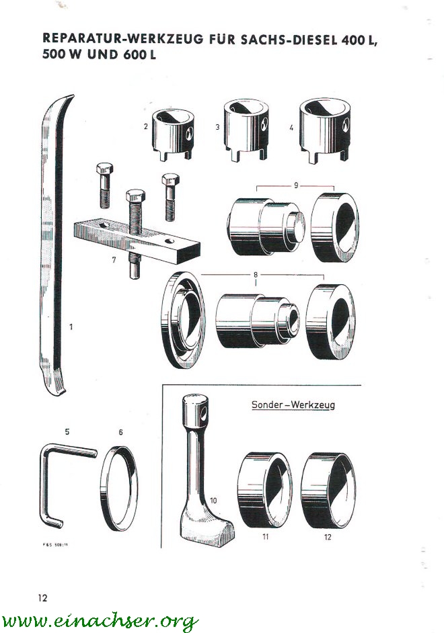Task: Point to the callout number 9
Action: pyautogui.click(x=295, y=185)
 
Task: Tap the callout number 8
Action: pyautogui.click(x=256, y=275)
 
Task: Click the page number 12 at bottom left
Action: pyautogui.click(x=42, y=597)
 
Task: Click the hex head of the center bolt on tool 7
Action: pyautogui.click(x=136, y=196)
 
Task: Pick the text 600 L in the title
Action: pyautogui.click(x=140, y=55)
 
